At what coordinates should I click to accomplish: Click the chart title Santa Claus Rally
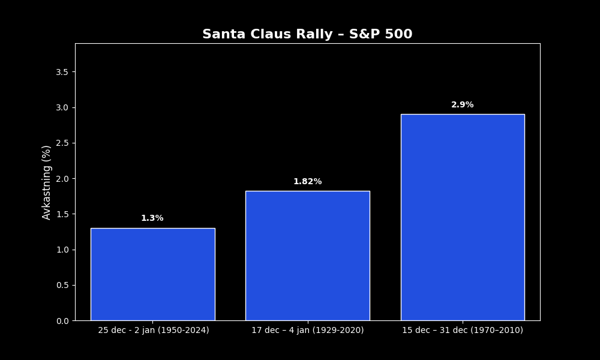(x=268, y=34)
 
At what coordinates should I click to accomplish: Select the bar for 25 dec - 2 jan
(x=152, y=274)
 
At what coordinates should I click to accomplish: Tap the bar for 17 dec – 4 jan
(x=308, y=256)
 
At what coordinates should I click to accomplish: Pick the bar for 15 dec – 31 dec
(x=463, y=217)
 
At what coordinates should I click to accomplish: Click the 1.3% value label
(x=152, y=218)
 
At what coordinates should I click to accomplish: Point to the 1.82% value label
(x=308, y=182)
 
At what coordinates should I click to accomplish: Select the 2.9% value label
(x=462, y=105)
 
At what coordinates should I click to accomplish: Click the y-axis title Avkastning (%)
(x=46, y=182)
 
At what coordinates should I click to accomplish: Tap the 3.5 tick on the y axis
(x=62, y=73)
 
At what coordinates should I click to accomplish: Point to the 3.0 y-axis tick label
(x=62, y=108)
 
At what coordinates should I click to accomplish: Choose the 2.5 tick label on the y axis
(x=62, y=143)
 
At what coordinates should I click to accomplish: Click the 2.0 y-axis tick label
(x=62, y=179)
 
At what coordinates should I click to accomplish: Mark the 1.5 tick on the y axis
(x=62, y=214)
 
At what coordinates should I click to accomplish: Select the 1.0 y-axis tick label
(x=62, y=250)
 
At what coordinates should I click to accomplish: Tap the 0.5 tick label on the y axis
(x=62, y=286)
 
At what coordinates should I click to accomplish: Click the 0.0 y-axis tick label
(x=62, y=321)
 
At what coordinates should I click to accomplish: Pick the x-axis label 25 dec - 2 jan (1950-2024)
(x=154, y=330)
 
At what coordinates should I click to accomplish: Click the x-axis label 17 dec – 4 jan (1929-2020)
(x=308, y=330)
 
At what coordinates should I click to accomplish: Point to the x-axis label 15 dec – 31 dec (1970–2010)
(x=462, y=330)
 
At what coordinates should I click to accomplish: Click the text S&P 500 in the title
(x=381, y=34)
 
